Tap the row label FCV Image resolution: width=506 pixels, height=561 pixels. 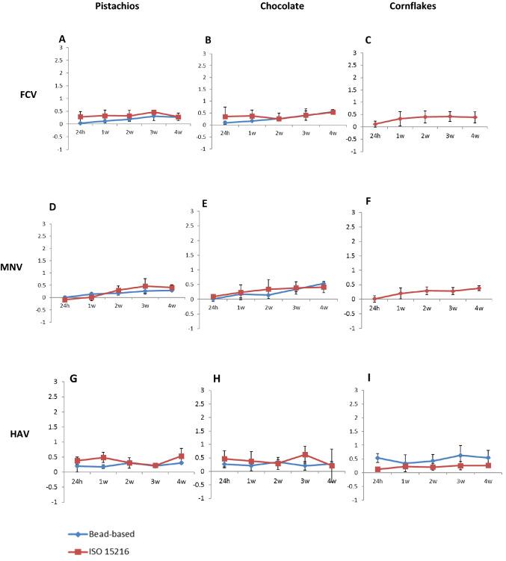tap(31, 96)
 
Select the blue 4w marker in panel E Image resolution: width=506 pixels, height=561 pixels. tap(323, 283)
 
